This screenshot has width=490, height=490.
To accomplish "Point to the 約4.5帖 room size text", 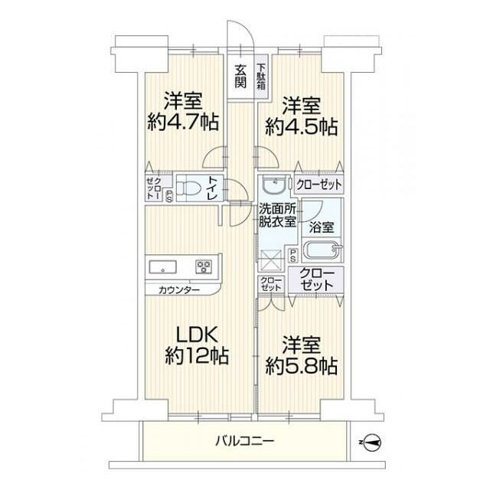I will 301,116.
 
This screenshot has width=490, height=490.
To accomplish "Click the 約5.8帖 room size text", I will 301,356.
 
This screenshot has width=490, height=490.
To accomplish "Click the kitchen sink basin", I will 163,268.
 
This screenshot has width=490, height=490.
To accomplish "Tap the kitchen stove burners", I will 204,267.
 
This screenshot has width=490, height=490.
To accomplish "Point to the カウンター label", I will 179,290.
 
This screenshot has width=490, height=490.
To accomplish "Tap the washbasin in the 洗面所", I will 271,187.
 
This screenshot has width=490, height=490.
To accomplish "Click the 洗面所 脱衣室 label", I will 276,214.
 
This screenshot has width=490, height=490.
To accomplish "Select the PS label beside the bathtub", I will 293,256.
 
